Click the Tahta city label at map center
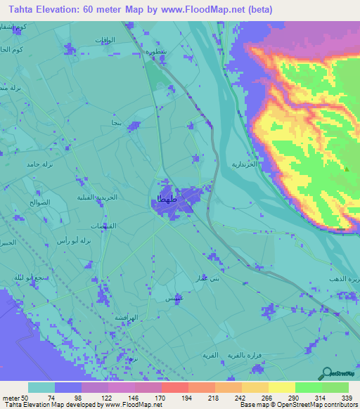162,202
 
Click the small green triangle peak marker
347,168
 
